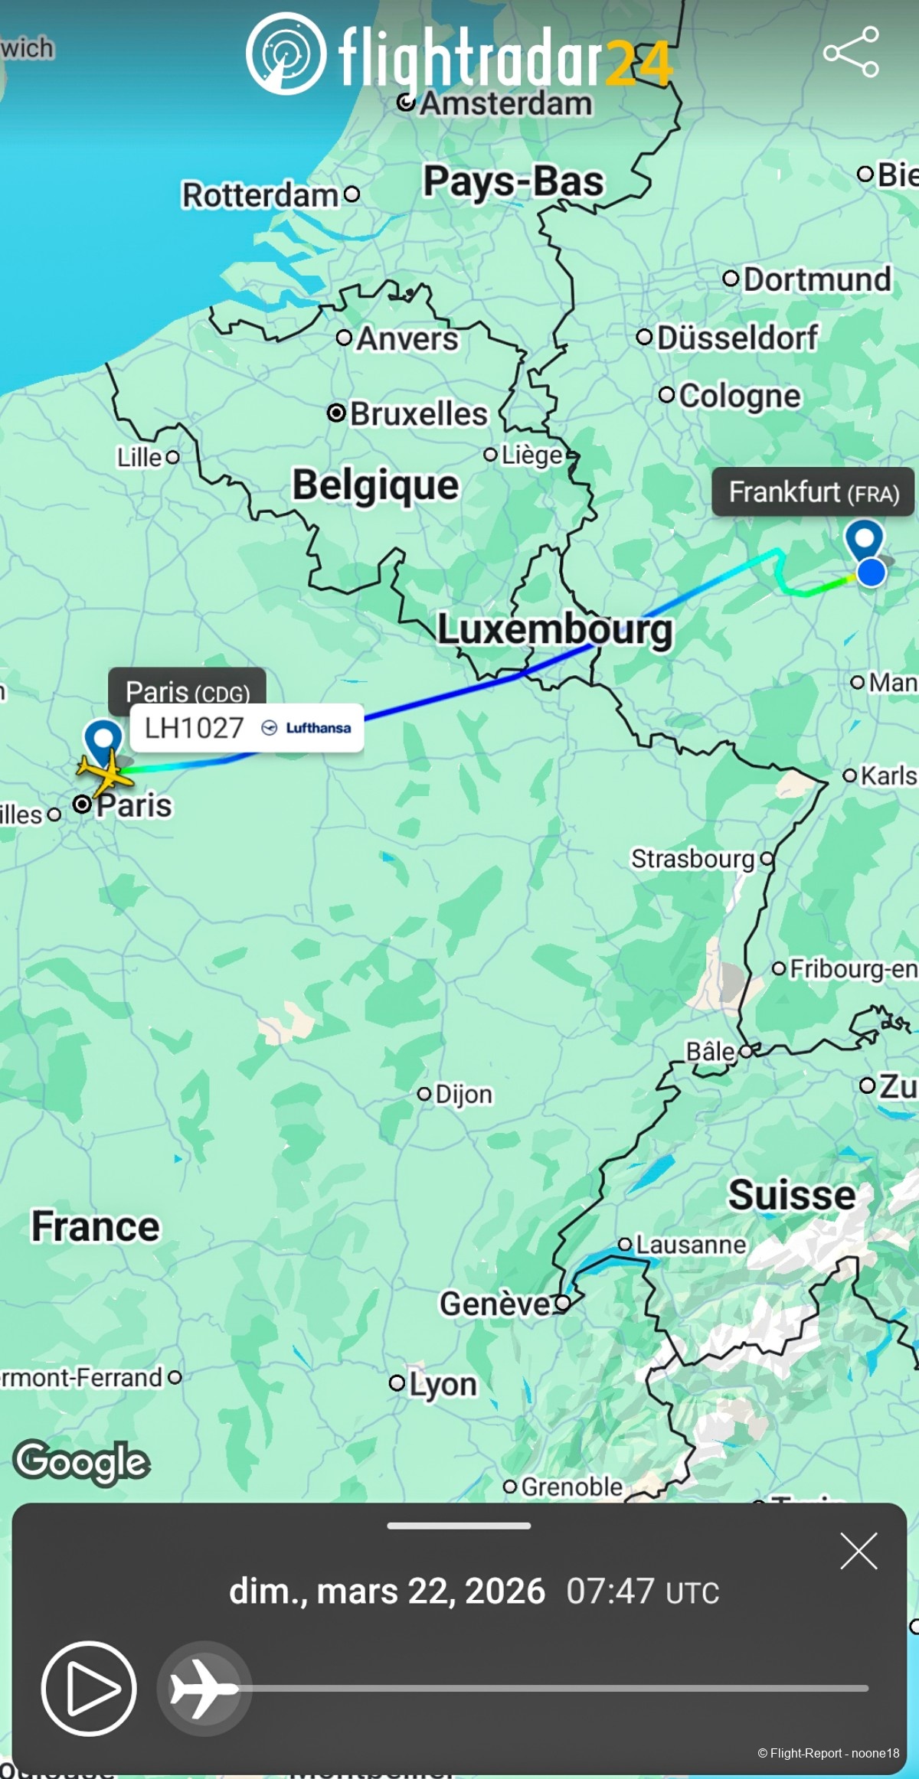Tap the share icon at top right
(x=851, y=52)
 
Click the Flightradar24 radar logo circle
(x=286, y=54)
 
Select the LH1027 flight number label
(x=194, y=728)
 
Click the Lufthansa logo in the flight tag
(x=306, y=728)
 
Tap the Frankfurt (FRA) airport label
(x=813, y=492)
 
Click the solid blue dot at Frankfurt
(x=871, y=572)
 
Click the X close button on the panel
(x=858, y=1552)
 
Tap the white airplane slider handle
(x=204, y=1688)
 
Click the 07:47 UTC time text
(x=642, y=1592)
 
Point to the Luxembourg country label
(x=554, y=629)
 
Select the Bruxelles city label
(x=418, y=414)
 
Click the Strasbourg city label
(x=693, y=859)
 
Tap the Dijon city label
(x=463, y=1094)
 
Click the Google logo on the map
(x=81, y=1462)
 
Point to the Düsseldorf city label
(x=737, y=338)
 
